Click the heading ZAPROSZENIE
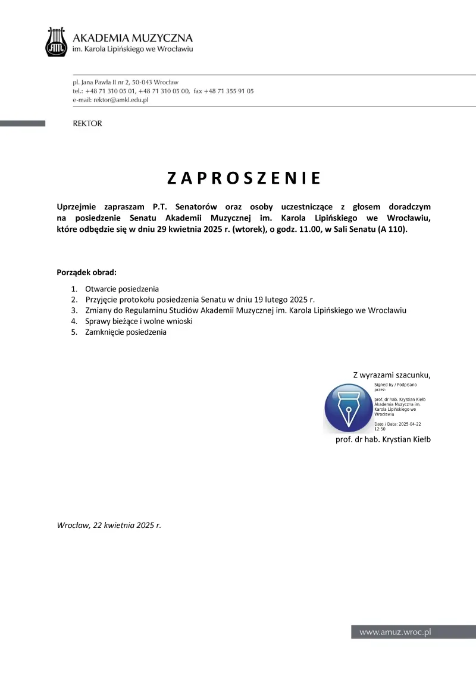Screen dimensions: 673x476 pyautogui.click(x=243, y=178)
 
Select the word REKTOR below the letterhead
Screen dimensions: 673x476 pyautogui.click(x=87, y=124)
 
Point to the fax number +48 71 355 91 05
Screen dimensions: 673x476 pyautogui.click(x=228, y=91)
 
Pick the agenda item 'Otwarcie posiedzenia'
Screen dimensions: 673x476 pyautogui.click(x=122, y=289)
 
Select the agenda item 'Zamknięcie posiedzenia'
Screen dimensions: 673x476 pyautogui.click(x=126, y=332)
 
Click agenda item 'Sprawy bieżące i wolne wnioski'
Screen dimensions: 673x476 pyautogui.click(x=139, y=321)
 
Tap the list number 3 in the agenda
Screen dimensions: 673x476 pyautogui.click(x=74, y=310)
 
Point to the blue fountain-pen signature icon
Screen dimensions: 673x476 pyautogui.click(x=348, y=408)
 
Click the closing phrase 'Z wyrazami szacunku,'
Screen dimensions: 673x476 pyautogui.click(x=392, y=375)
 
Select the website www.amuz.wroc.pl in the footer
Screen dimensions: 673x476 pyautogui.click(x=394, y=633)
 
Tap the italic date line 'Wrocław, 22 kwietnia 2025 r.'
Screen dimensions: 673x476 pyautogui.click(x=109, y=525)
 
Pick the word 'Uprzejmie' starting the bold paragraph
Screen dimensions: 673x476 pyautogui.click(x=77, y=206)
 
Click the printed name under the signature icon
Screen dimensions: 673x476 pyautogui.click(x=383, y=439)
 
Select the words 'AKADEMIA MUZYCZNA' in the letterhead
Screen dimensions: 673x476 pyautogui.click(x=133, y=37)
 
